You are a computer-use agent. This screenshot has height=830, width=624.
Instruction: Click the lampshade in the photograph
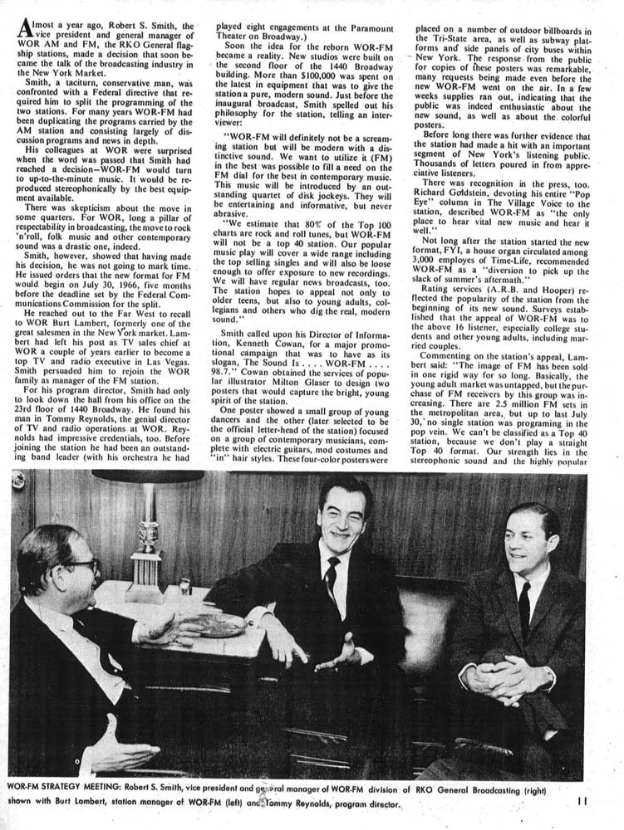[x=145, y=479]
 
